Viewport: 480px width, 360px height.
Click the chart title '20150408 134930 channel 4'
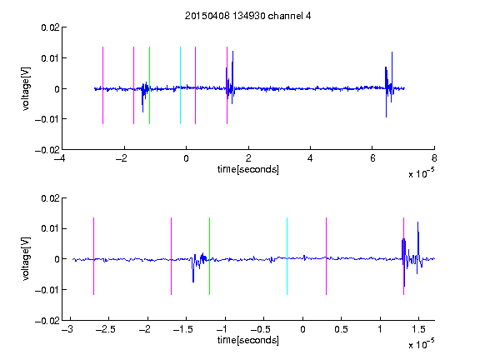(247, 16)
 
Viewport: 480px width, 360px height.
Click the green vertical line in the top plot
(149, 85)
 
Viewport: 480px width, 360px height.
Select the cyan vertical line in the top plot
(180, 85)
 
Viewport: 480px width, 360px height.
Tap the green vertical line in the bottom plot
(209, 256)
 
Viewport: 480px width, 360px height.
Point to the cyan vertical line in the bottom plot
(287, 256)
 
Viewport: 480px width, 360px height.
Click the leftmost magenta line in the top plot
(102, 85)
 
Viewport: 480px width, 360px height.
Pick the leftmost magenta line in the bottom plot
(93, 256)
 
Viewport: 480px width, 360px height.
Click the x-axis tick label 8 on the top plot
(434, 158)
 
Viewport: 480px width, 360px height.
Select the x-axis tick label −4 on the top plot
(59, 158)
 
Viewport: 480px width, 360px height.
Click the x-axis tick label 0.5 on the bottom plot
(342, 329)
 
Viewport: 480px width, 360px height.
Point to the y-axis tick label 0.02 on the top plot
(50, 27)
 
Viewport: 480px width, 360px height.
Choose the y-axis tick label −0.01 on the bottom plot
(47, 290)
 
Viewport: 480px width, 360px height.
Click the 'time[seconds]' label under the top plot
(248, 169)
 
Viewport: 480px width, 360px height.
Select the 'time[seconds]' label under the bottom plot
(248, 340)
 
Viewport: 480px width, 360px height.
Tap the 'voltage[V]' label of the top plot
(26, 89)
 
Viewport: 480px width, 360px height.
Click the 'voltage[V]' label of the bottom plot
(26, 258)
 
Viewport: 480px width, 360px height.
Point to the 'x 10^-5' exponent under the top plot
(421, 173)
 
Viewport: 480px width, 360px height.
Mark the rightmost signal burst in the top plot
(389, 84)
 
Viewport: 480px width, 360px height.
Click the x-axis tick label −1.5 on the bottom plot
(183, 329)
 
